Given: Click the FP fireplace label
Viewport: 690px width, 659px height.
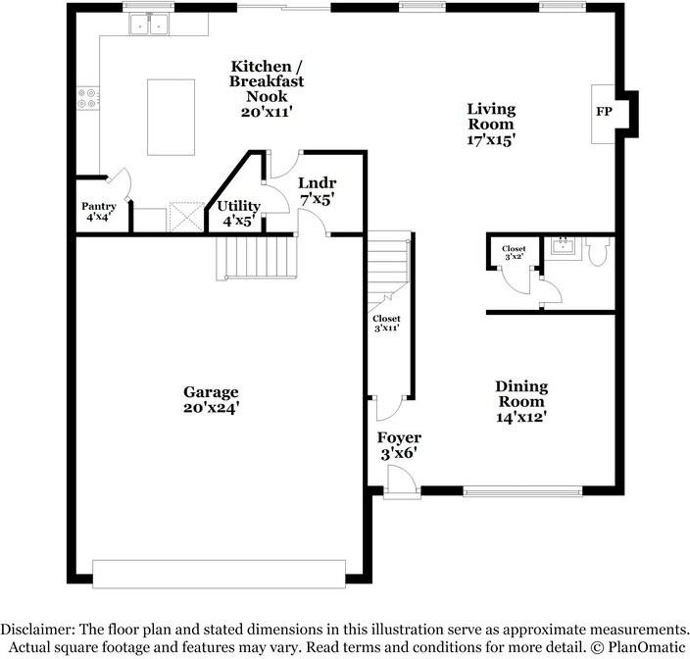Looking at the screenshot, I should tap(604, 112).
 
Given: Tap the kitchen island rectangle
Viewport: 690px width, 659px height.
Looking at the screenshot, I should tap(171, 117).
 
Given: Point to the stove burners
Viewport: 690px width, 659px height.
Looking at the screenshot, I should tap(89, 98).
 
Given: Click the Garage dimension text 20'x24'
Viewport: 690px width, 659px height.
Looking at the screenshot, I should tap(211, 408).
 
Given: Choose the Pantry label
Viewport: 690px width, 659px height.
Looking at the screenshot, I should tap(98, 206).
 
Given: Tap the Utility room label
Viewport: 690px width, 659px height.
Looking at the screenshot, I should tap(239, 207).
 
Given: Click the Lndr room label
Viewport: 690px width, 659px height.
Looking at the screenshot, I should tap(318, 182).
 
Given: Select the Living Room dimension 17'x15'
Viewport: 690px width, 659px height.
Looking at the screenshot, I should tap(491, 140).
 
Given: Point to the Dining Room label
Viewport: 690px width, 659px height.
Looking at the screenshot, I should tap(520, 393).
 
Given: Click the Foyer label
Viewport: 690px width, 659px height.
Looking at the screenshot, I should tap(400, 437).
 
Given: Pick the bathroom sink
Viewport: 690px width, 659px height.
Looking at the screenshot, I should tap(563, 245).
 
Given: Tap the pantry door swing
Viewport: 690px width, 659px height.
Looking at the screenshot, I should tap(118, 182).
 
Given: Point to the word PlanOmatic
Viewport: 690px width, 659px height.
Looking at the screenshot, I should tap(646, 647).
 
